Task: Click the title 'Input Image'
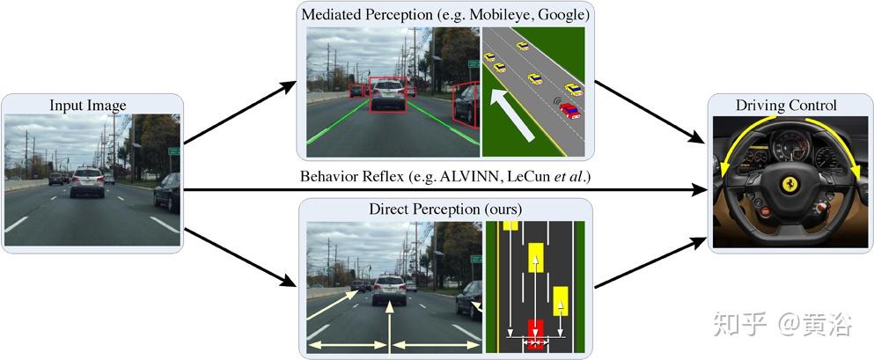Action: (88, 106)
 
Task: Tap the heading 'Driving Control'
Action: (786, 106)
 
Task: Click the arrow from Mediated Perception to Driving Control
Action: (650, 112)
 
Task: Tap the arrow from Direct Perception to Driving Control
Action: (650, 262)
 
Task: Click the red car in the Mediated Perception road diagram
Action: (569, 110)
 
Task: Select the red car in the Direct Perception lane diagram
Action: (534, 332)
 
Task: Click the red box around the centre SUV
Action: (387, 93)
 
